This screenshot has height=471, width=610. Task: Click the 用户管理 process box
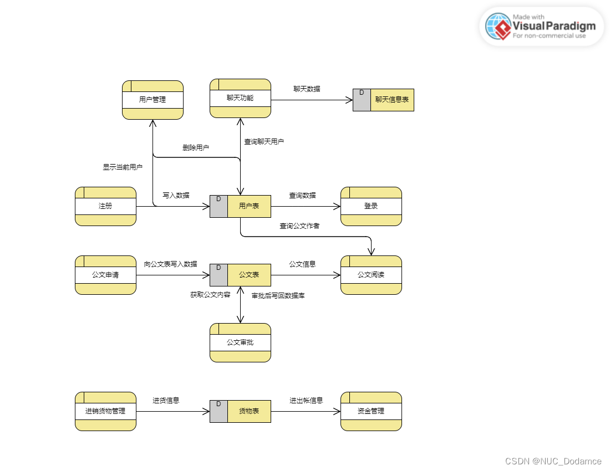[152, 100]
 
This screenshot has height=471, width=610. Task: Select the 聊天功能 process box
[240, 98]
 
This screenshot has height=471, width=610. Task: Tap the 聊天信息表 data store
[383, 100]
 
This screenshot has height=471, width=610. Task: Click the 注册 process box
[105, 206]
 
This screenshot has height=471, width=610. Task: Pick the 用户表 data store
[240, 206]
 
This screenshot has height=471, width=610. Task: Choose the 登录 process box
[371, 206]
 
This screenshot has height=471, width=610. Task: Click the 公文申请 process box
[105, 275]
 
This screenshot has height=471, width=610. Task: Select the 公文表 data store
[240, 275]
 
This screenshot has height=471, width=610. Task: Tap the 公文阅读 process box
[371, 275]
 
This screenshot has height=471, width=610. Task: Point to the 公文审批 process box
[240, 342]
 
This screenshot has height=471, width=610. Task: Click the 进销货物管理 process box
[105, 411]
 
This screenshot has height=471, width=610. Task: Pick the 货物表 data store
[240, 411]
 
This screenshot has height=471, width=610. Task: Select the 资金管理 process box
[371, 411]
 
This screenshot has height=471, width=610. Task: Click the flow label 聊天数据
[307, 89]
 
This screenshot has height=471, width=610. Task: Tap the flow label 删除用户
[196, 148]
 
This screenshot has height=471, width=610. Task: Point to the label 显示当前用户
[123, 167]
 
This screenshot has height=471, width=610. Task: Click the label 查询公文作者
[299, 226]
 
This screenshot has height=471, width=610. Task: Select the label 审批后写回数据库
[278, 296]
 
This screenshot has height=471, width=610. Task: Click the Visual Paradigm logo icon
[498, 27]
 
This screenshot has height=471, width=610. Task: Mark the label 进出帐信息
[306, 401]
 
